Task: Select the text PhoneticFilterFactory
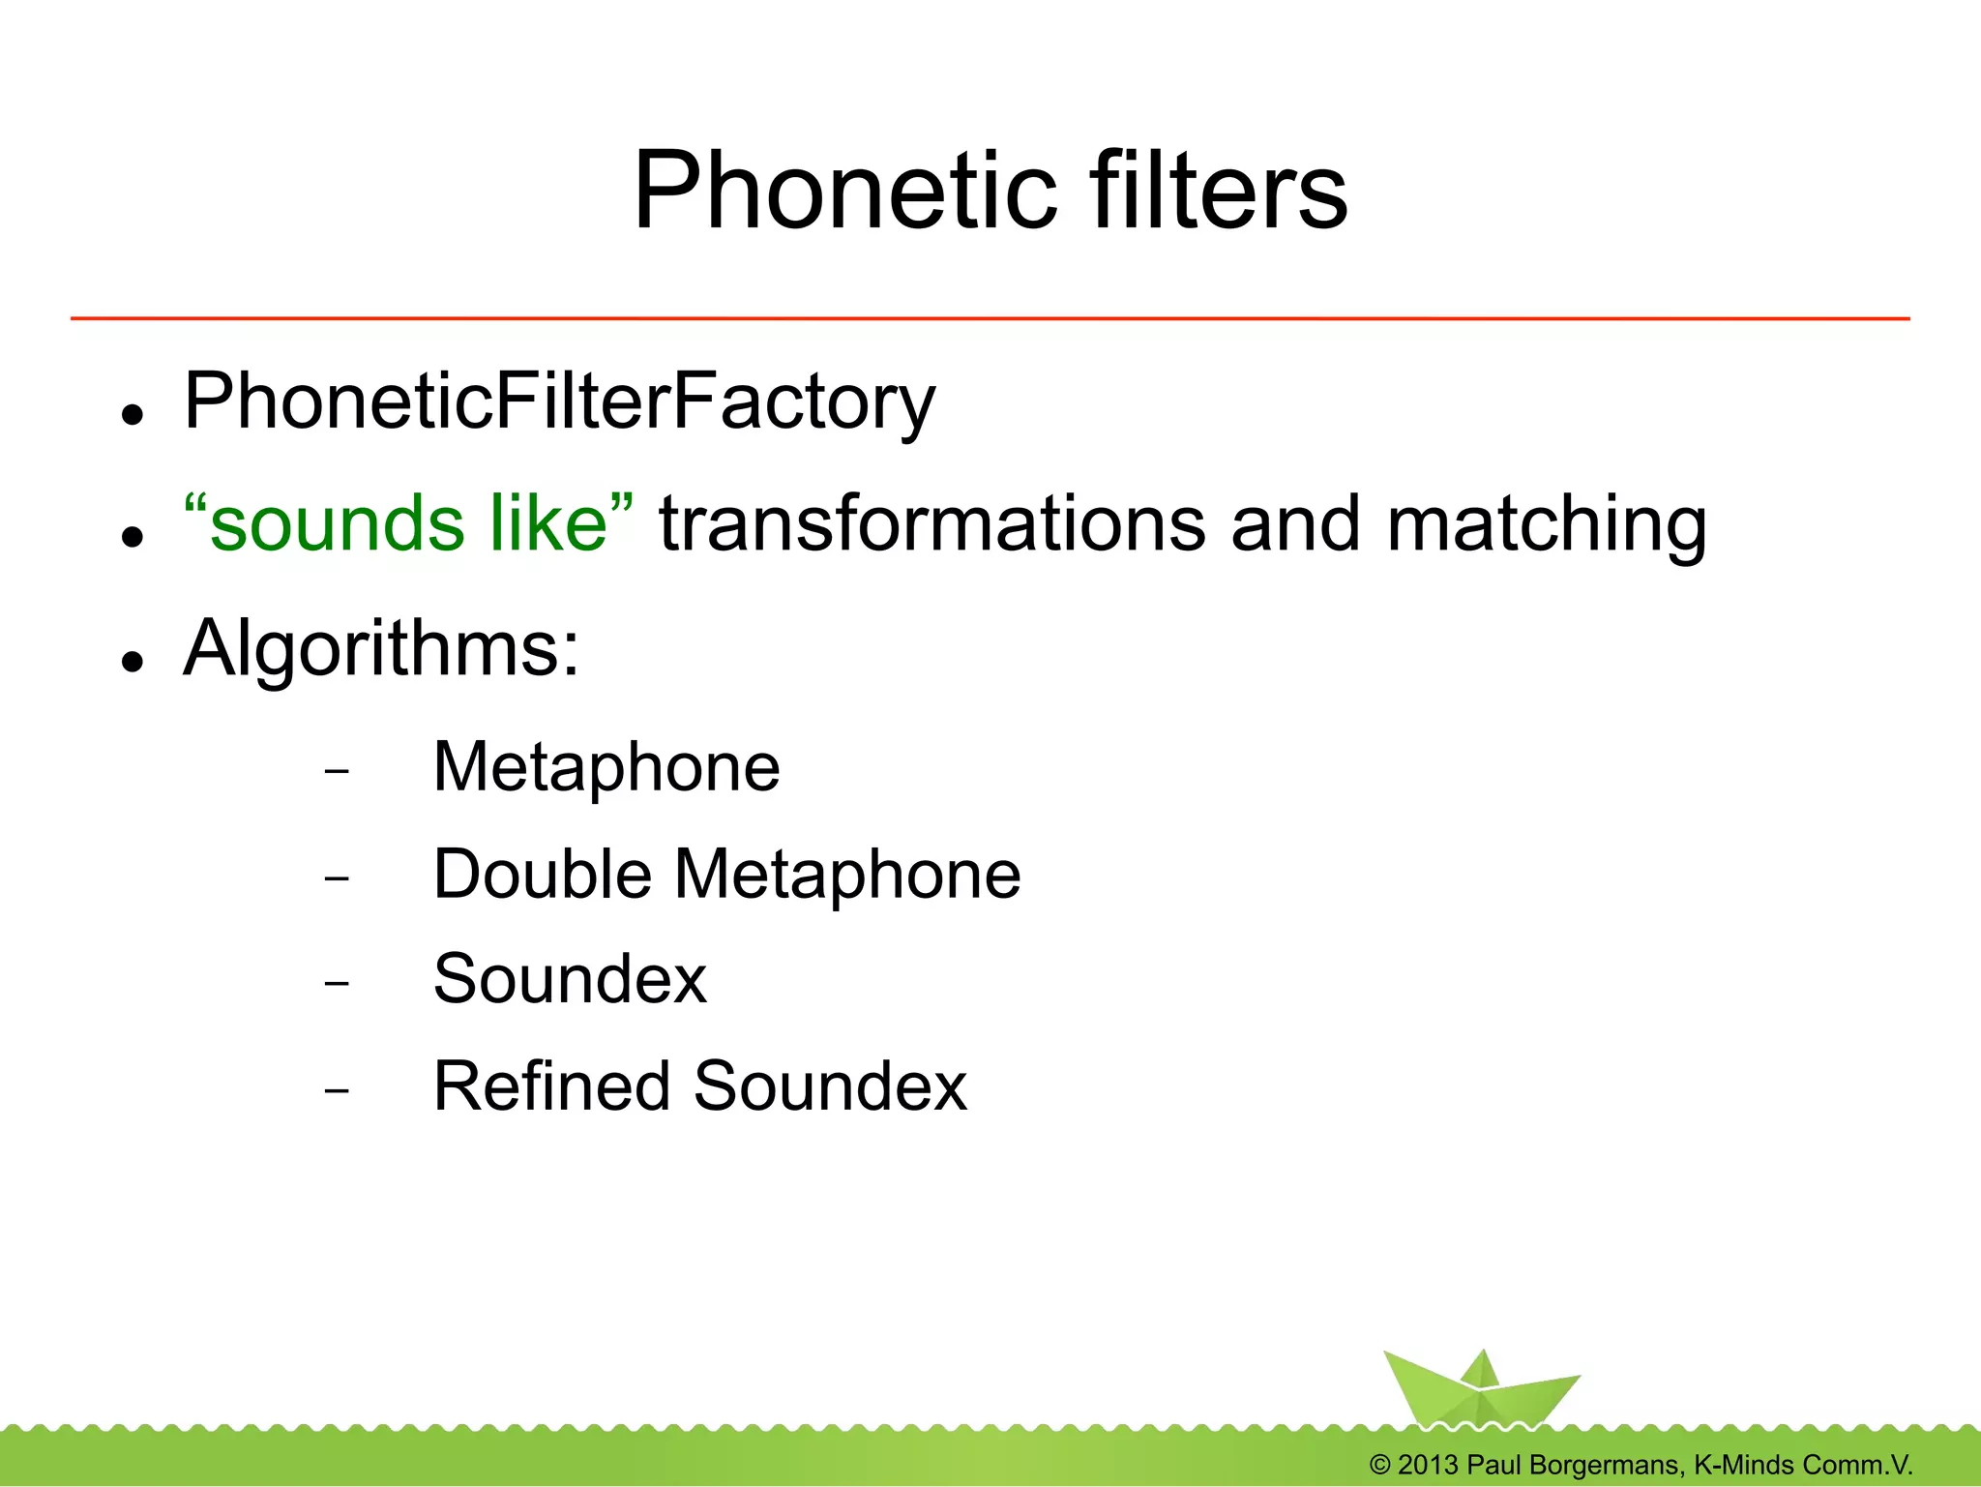click(559, 401)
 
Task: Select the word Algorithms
click(380, 648)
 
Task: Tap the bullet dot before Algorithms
click(133, 662)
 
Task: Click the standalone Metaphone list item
click(606, 767)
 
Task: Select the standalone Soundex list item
click(570, 979)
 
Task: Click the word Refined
click(550, 1086)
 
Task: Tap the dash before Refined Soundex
click(337, 1091)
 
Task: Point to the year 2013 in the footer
click(1428, 1465)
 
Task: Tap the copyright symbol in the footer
click(1380, 1465)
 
